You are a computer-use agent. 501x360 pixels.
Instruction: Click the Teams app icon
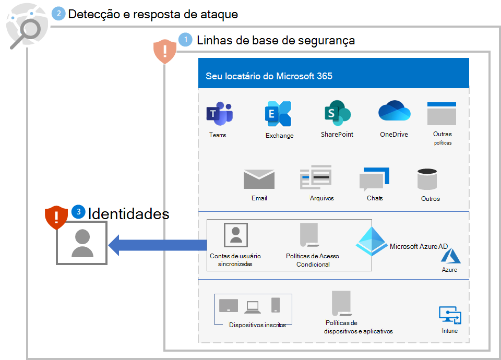point(219,114)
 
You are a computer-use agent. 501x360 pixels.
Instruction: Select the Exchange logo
point(278,114)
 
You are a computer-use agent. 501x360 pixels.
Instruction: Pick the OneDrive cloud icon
point(394,112)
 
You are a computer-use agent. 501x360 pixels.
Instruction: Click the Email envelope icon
point(259,179)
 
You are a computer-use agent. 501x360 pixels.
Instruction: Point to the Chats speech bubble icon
point(374,179)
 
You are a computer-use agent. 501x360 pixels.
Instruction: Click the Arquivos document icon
point(316,178)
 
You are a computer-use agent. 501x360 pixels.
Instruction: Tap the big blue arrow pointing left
point(157,245)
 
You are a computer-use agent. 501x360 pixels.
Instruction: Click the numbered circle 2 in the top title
point(59,14)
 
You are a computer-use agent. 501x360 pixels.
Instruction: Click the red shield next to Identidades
point(56,218)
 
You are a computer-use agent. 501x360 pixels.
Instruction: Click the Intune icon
point(449,316)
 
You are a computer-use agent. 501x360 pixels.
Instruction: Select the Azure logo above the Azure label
point(449,256)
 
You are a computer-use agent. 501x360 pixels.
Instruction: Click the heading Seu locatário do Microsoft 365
point(269,76)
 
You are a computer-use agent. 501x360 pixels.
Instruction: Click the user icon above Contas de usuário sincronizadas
point(235,234)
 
